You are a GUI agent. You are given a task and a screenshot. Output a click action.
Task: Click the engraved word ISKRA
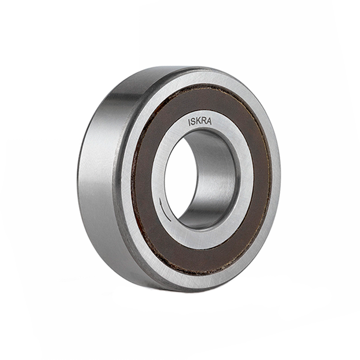200,122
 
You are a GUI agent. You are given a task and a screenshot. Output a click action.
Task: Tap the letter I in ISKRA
189,123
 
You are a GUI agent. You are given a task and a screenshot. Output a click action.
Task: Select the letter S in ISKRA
193,122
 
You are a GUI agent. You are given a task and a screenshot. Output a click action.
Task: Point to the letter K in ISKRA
198,122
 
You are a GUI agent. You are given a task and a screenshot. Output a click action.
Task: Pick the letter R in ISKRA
203,121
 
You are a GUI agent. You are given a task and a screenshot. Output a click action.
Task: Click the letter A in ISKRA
209,121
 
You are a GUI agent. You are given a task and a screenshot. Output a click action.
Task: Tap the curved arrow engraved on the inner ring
163,210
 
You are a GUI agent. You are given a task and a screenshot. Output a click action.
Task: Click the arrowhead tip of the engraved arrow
160,199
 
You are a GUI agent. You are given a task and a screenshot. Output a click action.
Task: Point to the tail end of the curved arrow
171,221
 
